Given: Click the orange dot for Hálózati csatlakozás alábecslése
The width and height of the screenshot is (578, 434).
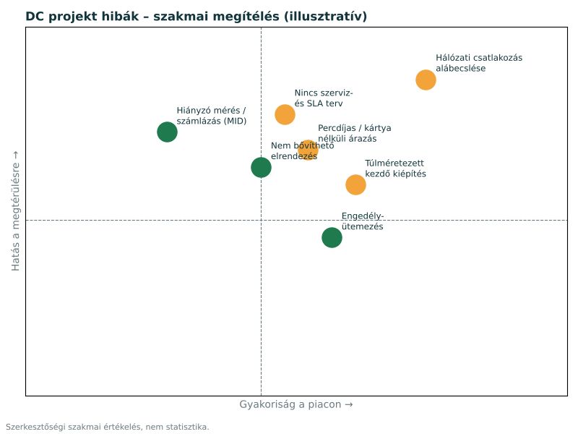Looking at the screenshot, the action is [426, 80].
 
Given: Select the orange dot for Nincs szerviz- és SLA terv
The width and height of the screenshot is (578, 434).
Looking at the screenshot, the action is [285, 114].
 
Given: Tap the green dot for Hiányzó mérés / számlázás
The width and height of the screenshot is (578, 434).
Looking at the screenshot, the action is [168, 132].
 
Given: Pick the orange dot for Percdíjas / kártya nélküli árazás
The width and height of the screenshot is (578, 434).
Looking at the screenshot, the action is [309, 150].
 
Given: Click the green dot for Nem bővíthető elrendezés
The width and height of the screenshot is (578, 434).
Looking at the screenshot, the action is [261, 167].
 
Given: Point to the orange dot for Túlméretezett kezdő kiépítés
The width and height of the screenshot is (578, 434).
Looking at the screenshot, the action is [355, 184].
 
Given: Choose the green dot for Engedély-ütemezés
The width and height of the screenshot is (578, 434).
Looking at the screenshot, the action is [332, 237].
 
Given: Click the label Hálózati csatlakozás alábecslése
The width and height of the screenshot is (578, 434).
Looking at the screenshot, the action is [479, 63].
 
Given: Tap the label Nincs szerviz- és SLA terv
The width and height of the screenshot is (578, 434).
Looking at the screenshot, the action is [323, 98].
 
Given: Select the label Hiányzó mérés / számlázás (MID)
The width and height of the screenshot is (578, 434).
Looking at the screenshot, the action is [211, 116].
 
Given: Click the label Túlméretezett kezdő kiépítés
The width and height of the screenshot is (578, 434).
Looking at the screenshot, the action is [395, 169].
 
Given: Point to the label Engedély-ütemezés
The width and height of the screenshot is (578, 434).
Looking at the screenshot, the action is [363, 221].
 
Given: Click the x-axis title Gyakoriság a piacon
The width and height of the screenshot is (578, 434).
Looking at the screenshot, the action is [296, 404].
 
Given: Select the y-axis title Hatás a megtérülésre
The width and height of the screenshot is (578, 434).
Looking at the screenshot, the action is [15, 210].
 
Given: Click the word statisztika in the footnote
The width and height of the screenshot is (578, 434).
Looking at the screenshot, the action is [187, 427].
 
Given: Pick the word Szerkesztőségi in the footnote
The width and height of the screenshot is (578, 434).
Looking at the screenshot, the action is [35, 427].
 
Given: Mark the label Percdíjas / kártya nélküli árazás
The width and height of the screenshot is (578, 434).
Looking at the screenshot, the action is [354, 133].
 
